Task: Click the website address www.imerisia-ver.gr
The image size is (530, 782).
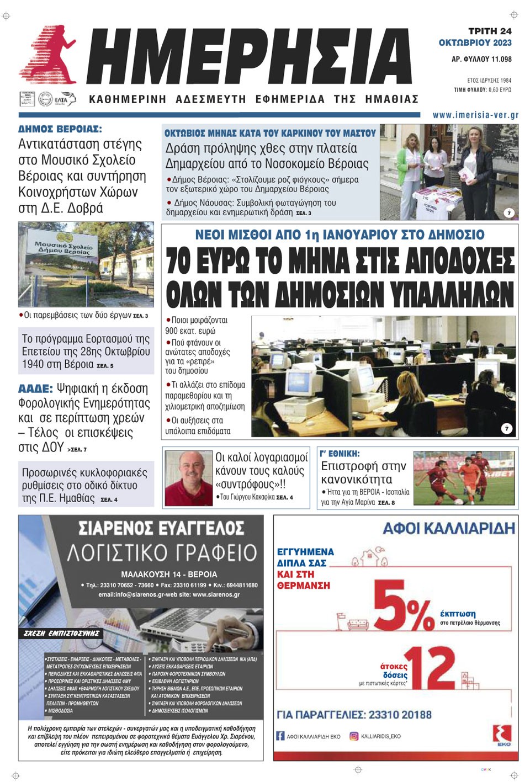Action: pyautogui.click(x=475, y=115)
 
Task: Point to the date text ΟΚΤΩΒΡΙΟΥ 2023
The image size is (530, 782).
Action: pyautogui.click(x=475, y=42)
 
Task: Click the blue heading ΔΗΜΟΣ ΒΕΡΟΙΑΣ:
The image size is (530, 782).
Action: pyautogui.click(x=60, y=129)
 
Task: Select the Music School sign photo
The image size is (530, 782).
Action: pyautogui.click(x=86, y=264)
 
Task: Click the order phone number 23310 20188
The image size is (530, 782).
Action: pyautogui.click(x=400, y=715)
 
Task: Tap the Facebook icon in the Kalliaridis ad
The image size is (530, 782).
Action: pyautogui.click(x=280, y=736)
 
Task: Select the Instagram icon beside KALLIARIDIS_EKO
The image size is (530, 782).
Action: pyautogui.click(x=354, y=736)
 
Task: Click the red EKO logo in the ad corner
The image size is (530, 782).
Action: pyautogui.click(x=501, y=735)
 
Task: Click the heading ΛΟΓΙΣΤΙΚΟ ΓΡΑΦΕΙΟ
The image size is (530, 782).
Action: pyautogui.click(x=162, y=552)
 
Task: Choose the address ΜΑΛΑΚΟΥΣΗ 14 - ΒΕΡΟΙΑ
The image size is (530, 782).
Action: pyautogui.click(x=169, y=574)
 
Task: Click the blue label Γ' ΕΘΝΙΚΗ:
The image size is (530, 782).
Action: pyautogui.click(x=340, y=454)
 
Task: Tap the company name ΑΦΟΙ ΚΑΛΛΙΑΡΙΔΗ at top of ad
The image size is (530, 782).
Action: pyautogui.click(x=448, y=528)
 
